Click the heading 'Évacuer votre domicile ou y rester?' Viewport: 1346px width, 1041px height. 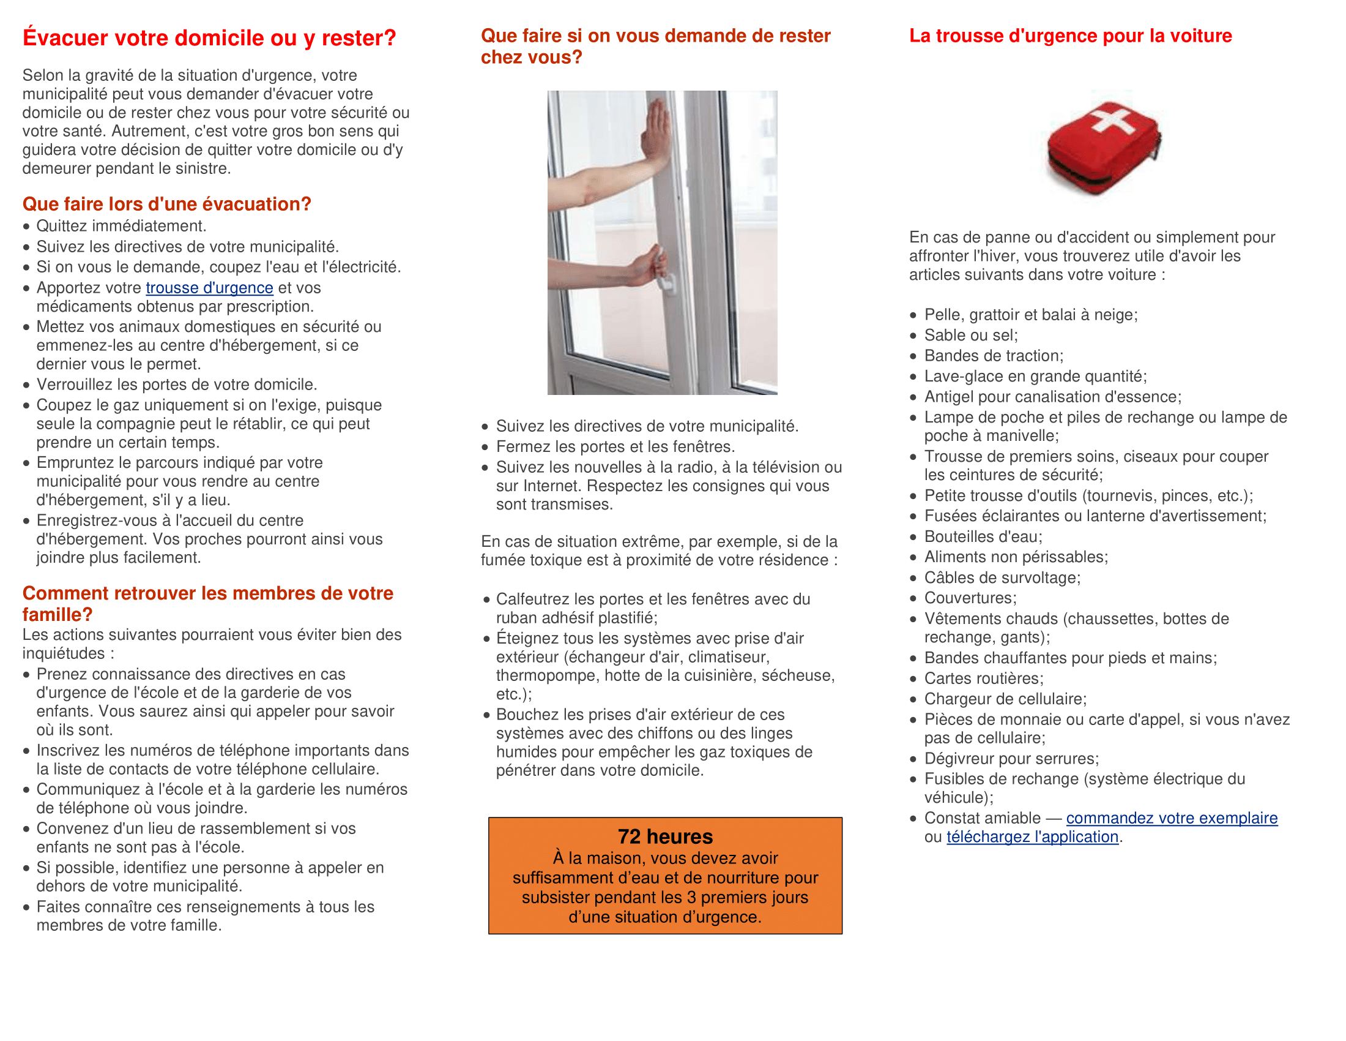pos(209,38)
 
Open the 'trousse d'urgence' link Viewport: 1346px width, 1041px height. pos(209,288)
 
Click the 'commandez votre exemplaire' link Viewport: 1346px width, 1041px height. pos(1171,817)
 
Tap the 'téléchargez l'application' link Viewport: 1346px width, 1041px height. pos(1032,836)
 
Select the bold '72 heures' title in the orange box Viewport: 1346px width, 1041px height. pos(665,836)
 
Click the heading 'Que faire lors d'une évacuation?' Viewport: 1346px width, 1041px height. pos(166,204)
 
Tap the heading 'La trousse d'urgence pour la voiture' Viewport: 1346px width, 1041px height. pos(1070,36)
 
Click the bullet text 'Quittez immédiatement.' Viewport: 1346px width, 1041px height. pos(121,227)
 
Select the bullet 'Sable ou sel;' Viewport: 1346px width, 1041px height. pos(971,336)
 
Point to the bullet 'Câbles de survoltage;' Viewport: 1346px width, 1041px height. pos(1002,578)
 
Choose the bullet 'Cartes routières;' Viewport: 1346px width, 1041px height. pos(984,678)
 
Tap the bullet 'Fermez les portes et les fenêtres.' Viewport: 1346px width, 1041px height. pos(615,446)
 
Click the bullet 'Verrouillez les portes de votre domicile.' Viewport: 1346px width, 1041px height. pos(176,385)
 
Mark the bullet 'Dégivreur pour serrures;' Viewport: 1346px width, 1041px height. pos(1011,759)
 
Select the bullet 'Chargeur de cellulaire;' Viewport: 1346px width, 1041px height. pos(1005,699)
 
